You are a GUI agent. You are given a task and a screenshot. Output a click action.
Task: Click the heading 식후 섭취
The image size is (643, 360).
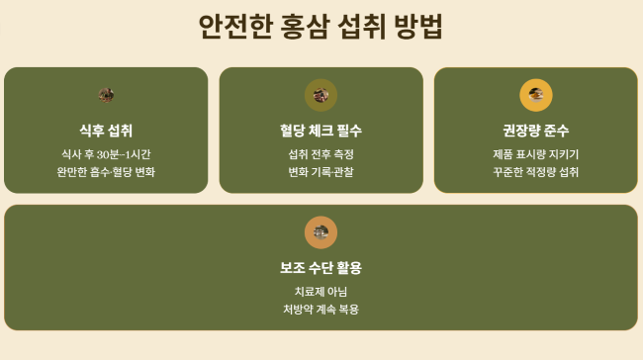106,131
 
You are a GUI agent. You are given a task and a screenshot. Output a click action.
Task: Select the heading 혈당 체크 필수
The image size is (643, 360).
321,131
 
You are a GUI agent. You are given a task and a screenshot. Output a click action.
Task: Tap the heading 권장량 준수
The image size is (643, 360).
535,131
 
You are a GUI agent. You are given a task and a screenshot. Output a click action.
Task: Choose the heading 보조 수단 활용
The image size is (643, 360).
321,268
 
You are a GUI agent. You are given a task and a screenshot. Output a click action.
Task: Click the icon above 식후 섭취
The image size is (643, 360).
106,95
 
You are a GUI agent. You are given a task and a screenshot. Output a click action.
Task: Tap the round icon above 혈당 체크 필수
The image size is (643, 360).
321,95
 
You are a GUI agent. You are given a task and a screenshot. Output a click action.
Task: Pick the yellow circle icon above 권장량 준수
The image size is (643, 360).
535,95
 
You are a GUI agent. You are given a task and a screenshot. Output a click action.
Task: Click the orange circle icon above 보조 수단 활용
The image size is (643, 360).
321,232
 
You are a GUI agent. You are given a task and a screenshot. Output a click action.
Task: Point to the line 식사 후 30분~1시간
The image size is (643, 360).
106,154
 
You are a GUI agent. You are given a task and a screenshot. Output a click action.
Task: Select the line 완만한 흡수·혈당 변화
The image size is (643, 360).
106,172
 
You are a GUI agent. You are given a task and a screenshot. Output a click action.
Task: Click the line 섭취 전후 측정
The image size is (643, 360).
321,154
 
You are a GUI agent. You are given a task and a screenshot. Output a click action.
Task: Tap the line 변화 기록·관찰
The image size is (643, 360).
321,172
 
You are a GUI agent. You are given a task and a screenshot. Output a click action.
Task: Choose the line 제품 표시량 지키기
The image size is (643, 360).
535,154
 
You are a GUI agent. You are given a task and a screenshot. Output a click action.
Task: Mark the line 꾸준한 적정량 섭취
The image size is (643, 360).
535,172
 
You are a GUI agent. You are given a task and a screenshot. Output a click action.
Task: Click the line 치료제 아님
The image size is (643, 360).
321,292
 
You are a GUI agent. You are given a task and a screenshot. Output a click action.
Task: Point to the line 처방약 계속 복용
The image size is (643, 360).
321,310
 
